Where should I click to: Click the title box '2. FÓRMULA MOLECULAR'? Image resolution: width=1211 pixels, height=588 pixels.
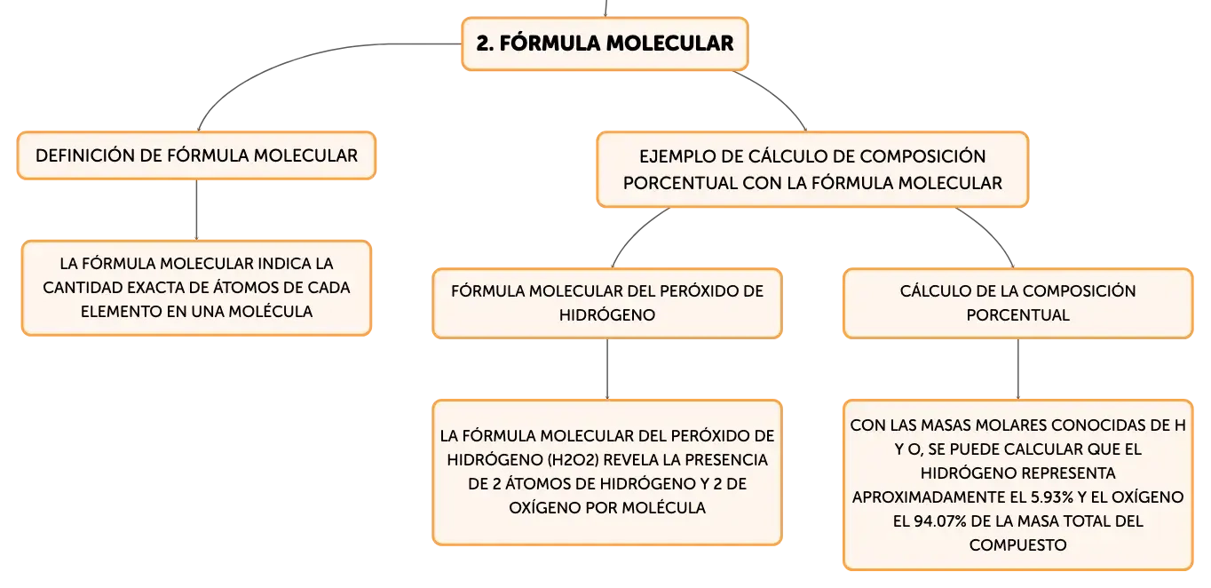605,44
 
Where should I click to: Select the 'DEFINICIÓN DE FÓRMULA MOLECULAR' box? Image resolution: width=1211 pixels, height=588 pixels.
196,155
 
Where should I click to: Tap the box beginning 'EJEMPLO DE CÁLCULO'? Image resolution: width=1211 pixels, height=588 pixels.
812,170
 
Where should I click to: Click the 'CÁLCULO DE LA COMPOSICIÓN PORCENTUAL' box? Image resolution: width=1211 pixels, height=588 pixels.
1018,304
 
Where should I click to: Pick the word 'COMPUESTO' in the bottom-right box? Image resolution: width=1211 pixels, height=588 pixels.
1018,544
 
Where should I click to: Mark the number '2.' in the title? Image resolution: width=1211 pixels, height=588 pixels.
485,44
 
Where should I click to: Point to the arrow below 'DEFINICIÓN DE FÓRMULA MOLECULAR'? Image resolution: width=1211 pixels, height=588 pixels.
196,210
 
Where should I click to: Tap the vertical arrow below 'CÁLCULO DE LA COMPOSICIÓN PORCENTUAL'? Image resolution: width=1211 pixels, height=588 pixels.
1018,369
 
